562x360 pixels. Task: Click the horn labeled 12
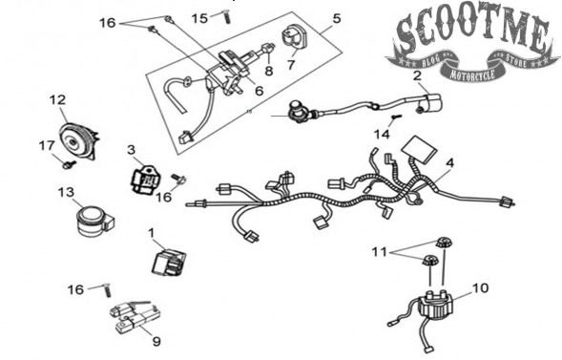click(78, 139)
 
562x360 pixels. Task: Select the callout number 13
click(66, 193)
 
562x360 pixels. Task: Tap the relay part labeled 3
click(144, 179)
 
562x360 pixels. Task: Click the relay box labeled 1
click(169, 264)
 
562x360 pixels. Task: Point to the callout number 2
click(417, 75)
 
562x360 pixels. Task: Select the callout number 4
click(449, 163)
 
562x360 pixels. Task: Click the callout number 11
click(380, 252)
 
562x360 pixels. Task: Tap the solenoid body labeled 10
click(436, 305)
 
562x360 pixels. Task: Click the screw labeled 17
click(69, 165)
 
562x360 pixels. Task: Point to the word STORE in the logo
click(515, 60)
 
